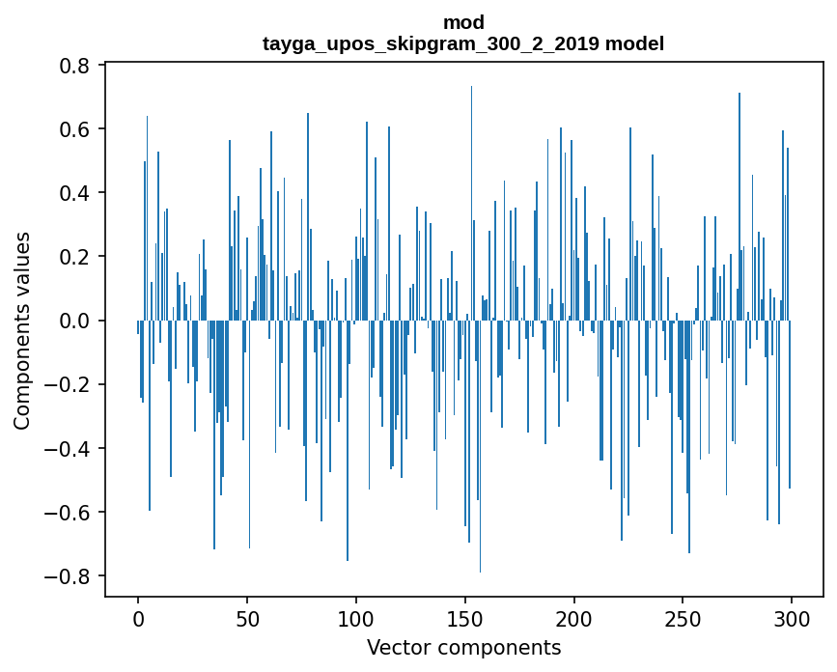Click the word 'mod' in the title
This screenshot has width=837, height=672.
click(463, 22)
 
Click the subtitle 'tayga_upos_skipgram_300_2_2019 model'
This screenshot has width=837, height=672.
click(463, 43)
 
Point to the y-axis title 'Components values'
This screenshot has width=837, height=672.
click(22, 330)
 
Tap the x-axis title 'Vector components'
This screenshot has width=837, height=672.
click(463, 647)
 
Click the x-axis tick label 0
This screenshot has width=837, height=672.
click(138, 618)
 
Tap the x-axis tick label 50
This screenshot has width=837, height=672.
click(247, 618)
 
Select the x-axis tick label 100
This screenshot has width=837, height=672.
click(356, 618)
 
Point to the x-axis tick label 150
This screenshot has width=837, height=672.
click(465, 618)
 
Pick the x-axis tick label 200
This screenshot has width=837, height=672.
click(574, 618)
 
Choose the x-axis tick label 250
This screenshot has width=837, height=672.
click(684, 618)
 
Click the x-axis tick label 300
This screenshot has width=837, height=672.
click(793, 618)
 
